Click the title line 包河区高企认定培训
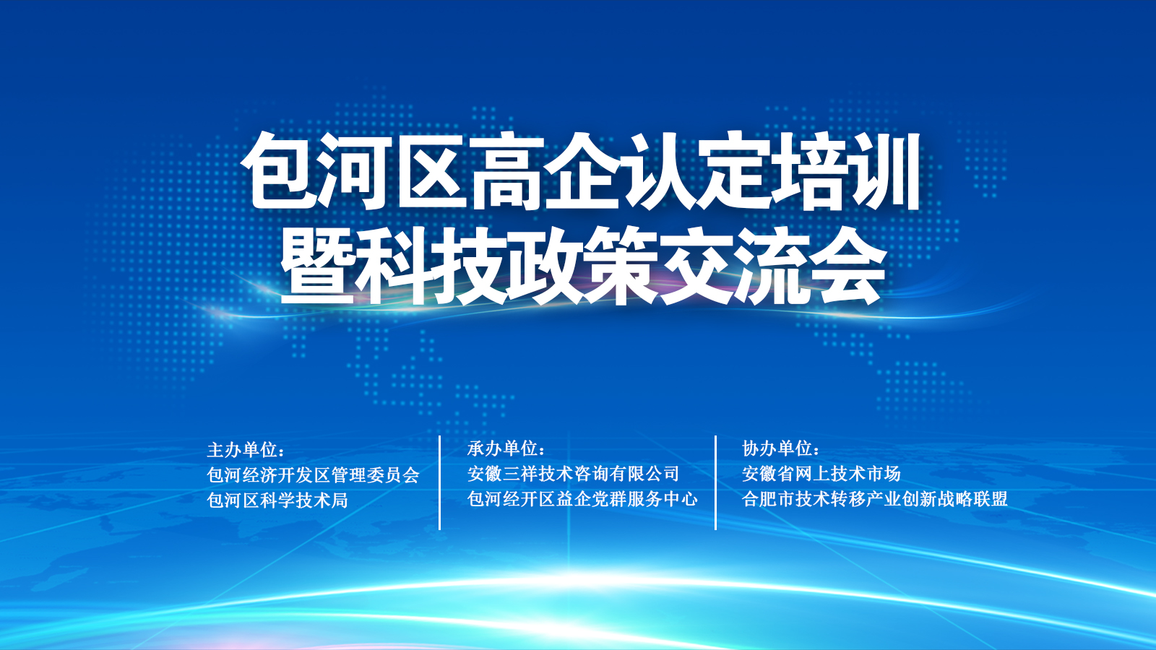click(582, 172)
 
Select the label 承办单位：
click(506, 448)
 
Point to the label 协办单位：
click(781, 448)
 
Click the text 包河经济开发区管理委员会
click(314, 474)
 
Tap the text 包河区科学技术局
click(277, 500)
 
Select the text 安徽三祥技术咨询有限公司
click(574, 474)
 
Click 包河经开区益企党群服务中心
click(582, 499)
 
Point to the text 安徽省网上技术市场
click(821, 474)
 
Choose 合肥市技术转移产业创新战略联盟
click(875, 499)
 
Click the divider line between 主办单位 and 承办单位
click(440, 482)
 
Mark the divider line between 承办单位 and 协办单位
click(715, 482)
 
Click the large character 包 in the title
click(279, 173)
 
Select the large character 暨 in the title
click(317, 266)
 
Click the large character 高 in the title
click(506, 173)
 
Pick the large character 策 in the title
click(621, 266)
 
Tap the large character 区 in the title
click(431, 173)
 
